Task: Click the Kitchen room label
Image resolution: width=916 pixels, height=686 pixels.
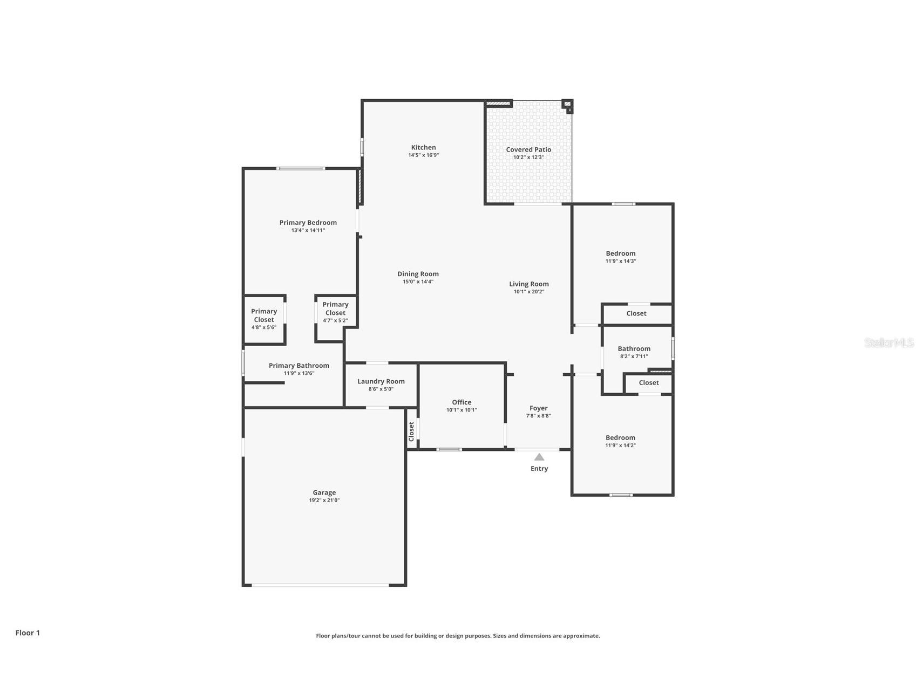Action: pos(423,147)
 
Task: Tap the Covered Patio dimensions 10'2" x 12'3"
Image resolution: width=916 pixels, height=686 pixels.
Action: pos(528,157)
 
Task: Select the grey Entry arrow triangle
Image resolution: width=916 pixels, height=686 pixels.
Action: pos(539,457)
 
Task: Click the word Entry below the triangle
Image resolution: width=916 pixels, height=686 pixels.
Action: pos(539,469)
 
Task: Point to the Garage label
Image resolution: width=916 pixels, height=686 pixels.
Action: pos(324,492)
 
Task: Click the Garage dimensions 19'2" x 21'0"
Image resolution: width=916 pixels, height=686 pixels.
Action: pos(324,500)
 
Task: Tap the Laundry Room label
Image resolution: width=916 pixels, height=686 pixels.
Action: pos(381,381)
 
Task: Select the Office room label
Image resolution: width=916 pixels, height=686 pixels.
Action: pos(462,402)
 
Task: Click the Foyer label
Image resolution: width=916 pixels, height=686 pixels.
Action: pos(538,408)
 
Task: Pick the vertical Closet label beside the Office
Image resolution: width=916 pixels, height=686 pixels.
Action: pos(411,431)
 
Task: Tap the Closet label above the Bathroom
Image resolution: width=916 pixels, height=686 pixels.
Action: pos(636,313)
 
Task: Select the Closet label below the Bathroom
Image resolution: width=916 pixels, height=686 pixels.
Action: pos(648,383)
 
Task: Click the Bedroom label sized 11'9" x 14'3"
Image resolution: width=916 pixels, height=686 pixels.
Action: pos(620,253)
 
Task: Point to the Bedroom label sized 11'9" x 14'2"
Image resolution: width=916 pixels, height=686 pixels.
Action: pos(620,438)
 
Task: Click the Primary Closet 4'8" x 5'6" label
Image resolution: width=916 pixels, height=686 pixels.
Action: pos(264,315)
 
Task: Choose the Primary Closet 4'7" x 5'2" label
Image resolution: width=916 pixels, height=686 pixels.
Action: pos(335,308)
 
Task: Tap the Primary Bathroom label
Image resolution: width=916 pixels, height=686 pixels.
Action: pos(298,366)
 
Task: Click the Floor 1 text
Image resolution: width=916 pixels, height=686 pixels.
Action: pos(28,633)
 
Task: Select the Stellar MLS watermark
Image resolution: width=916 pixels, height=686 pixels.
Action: pos(888,342)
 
